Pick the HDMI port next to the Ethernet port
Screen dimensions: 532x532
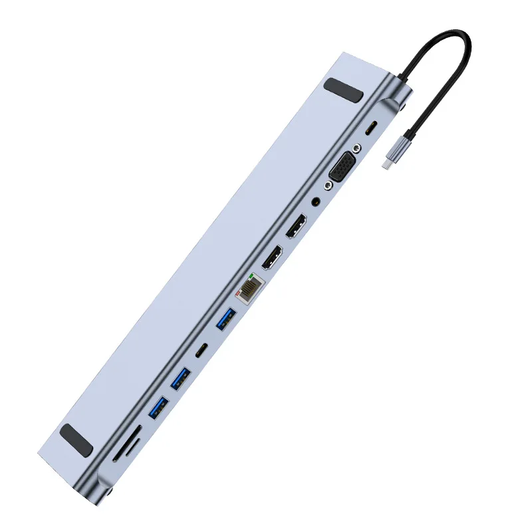pos(271,257)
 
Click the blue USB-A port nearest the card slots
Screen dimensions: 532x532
pos(159,407)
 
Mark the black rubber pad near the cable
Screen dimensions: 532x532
pos(344,90)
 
